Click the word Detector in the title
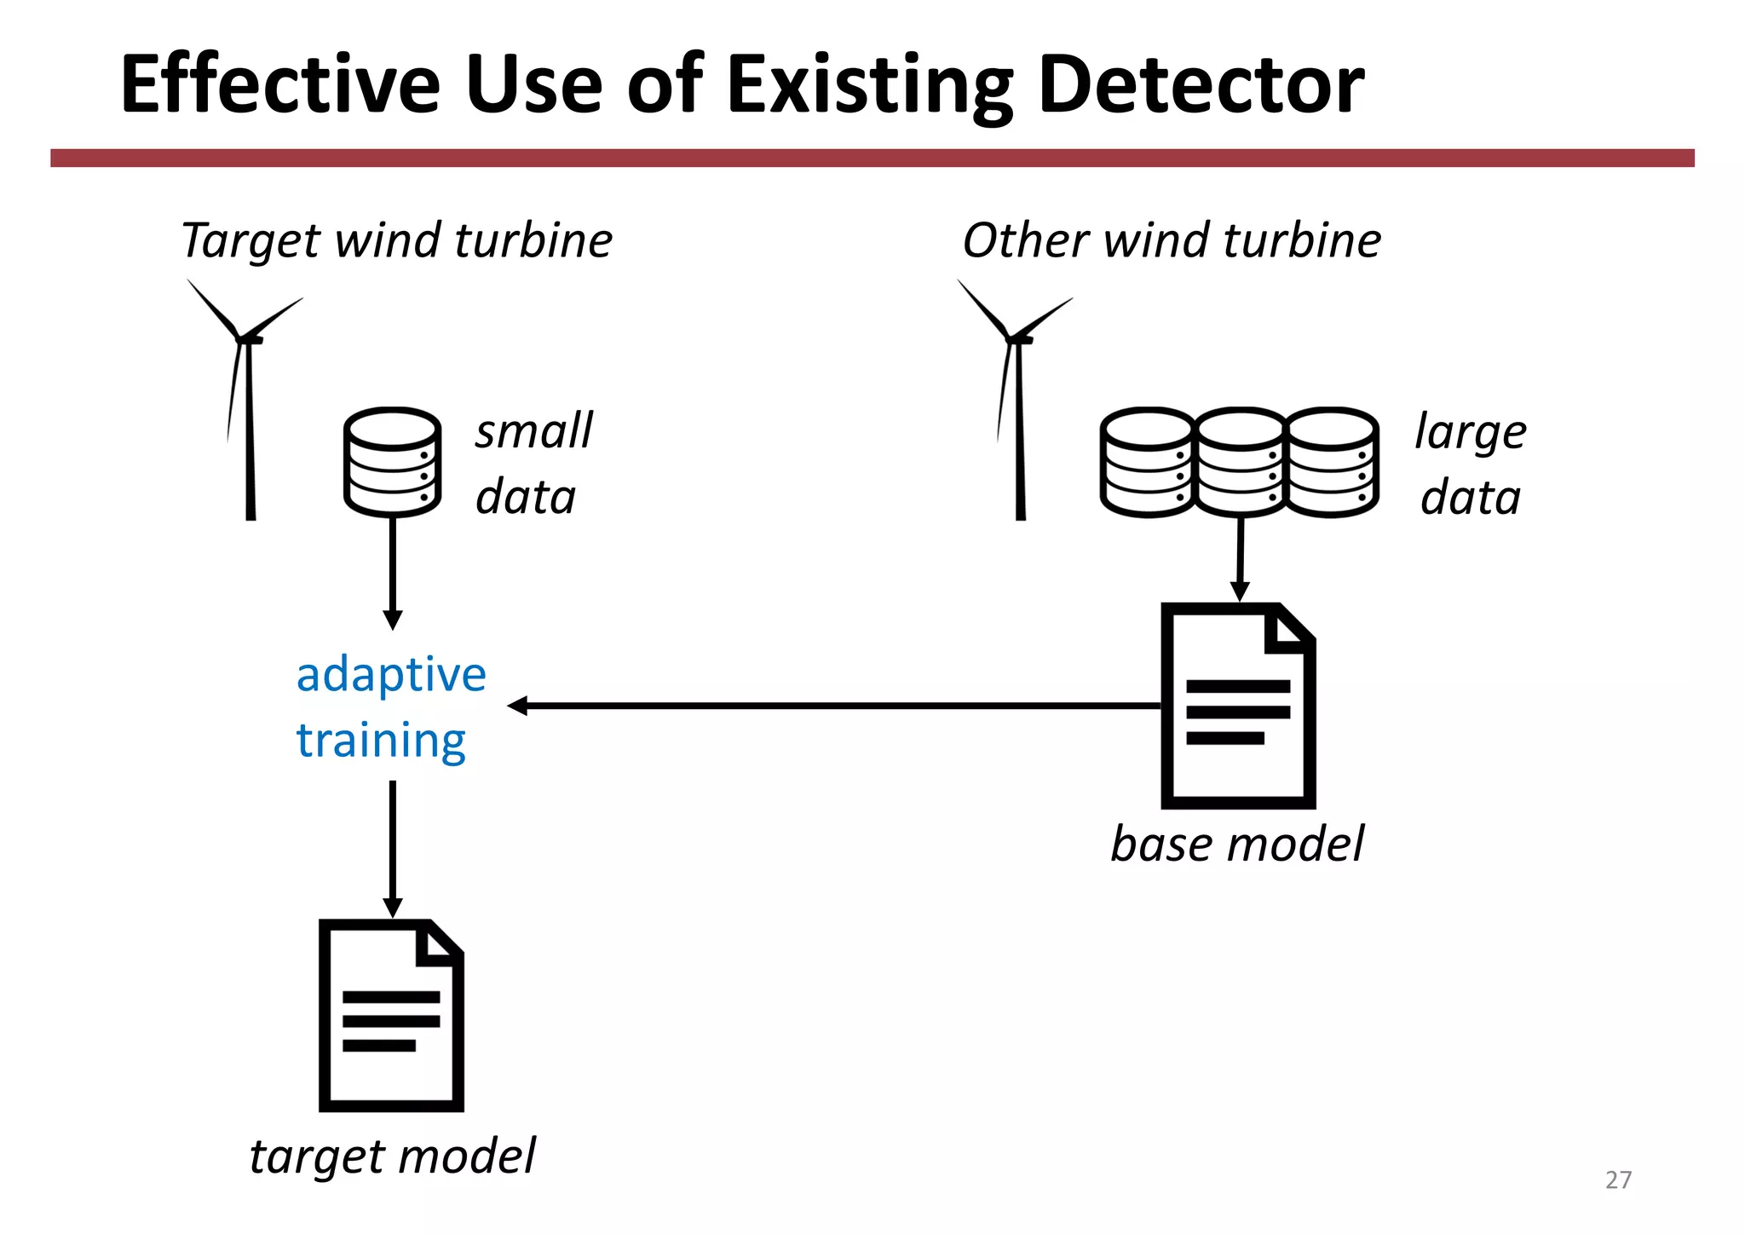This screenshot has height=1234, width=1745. coord(1200,85)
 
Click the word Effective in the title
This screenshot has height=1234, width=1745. coord(281,85)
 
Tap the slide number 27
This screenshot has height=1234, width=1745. coord(1618,1179)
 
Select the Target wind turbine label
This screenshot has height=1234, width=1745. coord(396,240)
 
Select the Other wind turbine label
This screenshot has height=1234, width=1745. coord(1172,240)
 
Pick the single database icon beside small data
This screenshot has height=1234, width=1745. coord(392,462)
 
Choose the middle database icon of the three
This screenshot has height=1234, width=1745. coord(1240,462)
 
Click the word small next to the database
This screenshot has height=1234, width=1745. coord(533,430)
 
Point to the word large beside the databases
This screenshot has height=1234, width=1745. coord(1471,432)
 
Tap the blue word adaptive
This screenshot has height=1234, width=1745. coord(391,675)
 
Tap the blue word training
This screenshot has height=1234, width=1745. coord(381,740)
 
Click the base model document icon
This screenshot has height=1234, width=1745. coord(1237,706)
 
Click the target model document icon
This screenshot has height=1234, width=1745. coord(391,1016)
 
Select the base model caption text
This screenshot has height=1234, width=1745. coord(1237,844)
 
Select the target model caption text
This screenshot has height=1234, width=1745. coord(392,1156)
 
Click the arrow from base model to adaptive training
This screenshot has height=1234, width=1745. coord(835,706)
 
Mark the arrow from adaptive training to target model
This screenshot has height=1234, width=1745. coord(393,848)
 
